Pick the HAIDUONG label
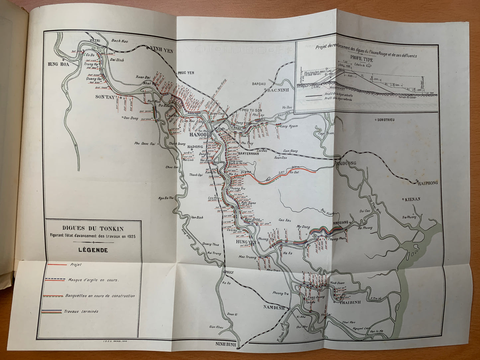tap(346, 163)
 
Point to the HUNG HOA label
tap(59, 64)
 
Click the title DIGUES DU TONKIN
tap(93, 228)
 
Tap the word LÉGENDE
tap(93, 250)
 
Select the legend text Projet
tap(76, 265)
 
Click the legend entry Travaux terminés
tap(81, 312)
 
